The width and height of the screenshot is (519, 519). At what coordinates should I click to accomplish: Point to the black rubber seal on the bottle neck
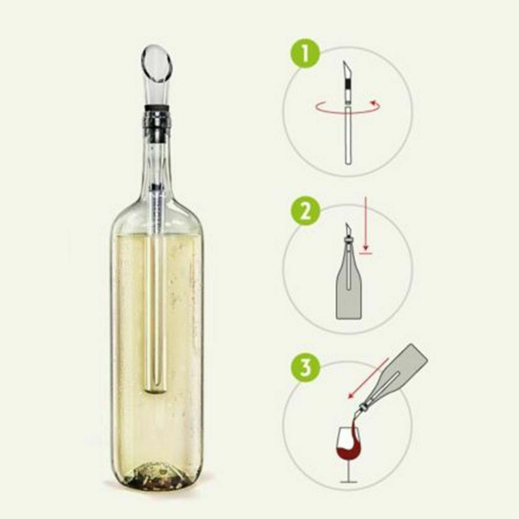157,108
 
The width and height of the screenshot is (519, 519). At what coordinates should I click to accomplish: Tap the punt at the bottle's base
156,475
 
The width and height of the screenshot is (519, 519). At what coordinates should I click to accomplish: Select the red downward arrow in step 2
365,223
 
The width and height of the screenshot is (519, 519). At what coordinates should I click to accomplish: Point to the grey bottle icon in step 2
348,291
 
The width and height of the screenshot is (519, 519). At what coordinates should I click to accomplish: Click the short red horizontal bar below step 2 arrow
365,253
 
